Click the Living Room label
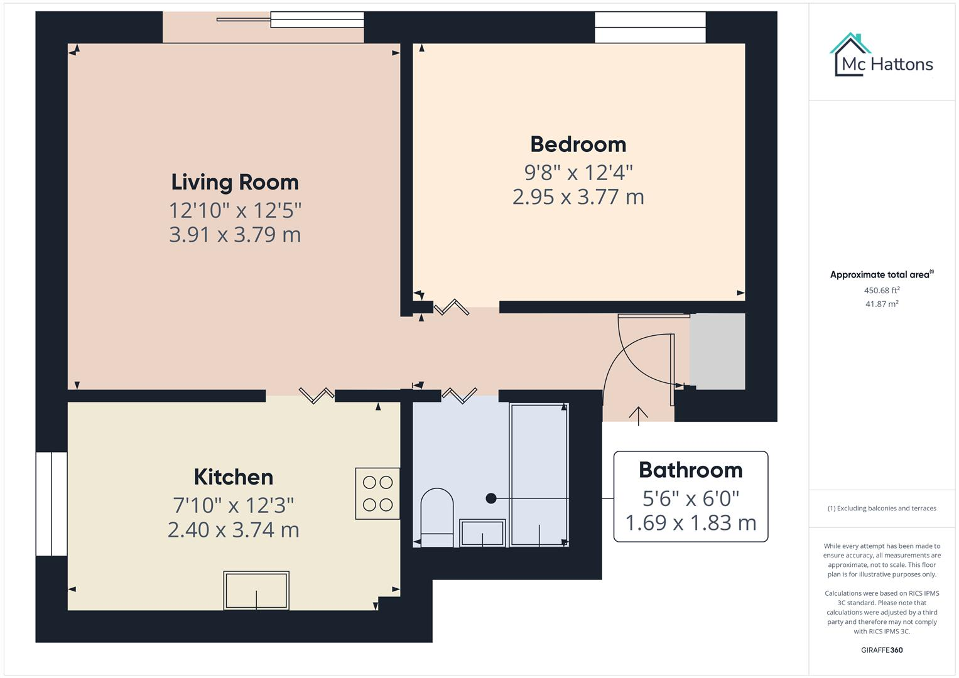pyautogui.click(x=235, y=182)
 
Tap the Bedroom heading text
pyautogui.click(x=578, y=144)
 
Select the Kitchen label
pyautogui.click(x=233, y=477)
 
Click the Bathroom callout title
pyautogui.click(x=690, y=470)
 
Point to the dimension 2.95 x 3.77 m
pyautogui.click(x=578, y=197)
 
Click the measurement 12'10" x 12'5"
pyautogui.click(x=235, y=210)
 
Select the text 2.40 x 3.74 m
pyautogui.click(x=233, y=530)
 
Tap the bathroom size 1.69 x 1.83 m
pyautogui.click(x=690, y=522)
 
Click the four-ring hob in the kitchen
pyautogui.click(x=377, y=493)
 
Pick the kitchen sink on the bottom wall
pyautogui.click(x=256, y=590)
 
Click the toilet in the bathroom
pyautogui.click(x=436, y=518)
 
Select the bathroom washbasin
pyautogui.click(x=482, y=533)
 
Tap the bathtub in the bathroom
pyautogui.click(x=539, y=475)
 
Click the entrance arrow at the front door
pyautogui.click(x=638, y=416)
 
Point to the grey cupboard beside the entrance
pyautogui.click(x=717, y=352)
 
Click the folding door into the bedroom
pyautogui.click(x=452, y=308)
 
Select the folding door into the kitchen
pyautogui.click(x=316, y=395)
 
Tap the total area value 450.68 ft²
pyautogui.click(x=881, y=291)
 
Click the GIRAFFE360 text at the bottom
pyautogui.click(x=881, y=650)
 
